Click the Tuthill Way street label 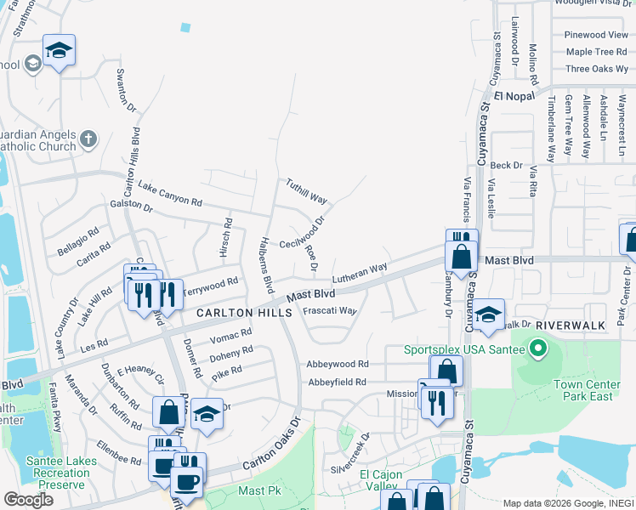click(306, 190)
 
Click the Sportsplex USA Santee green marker click(537, 348)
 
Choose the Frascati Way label click(329, 311)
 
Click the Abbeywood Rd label click(338, 363)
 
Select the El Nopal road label click(508, 96)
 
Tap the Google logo click(28, 499)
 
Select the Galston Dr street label click(131, 207)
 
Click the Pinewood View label click(596, 35)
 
